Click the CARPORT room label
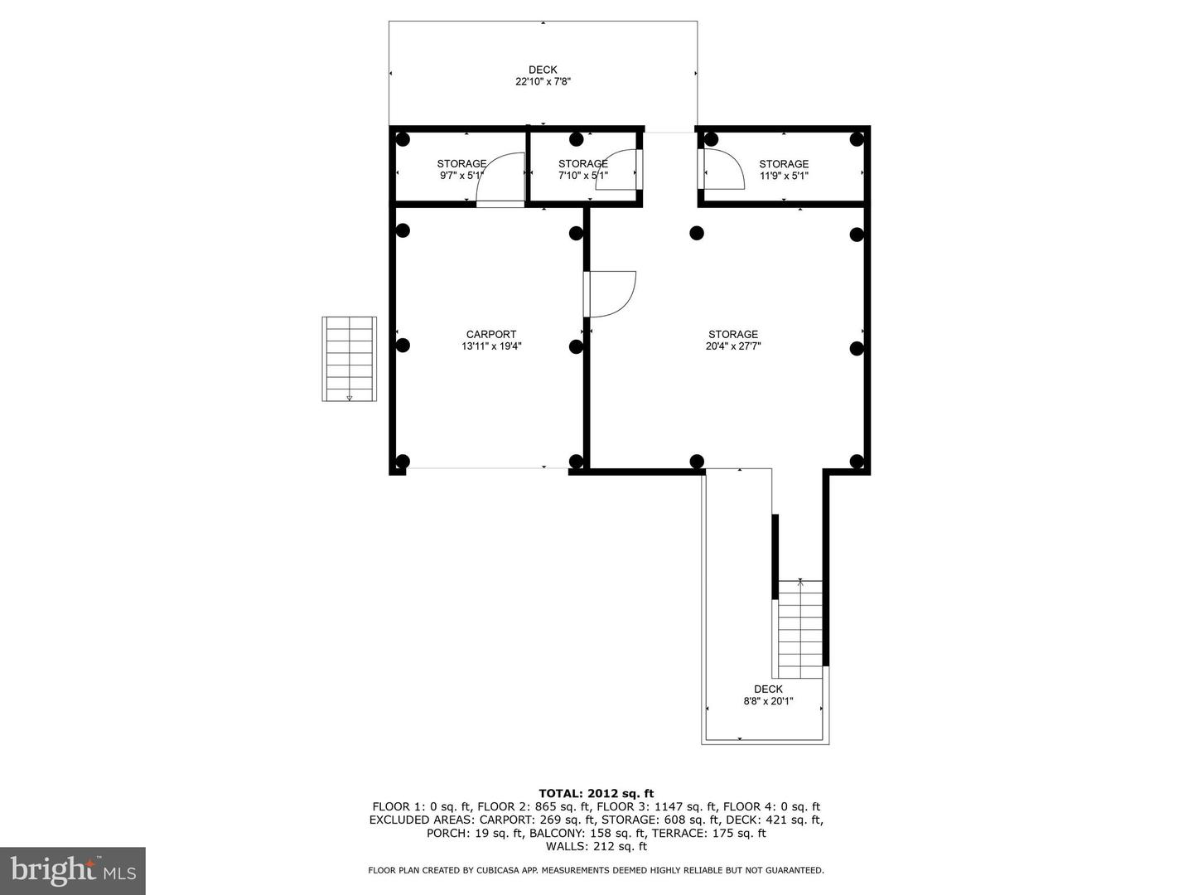pos(490,335)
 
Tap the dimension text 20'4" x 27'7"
pos(732,346)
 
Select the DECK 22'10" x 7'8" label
pos(543,75)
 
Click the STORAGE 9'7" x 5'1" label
pos(461,170)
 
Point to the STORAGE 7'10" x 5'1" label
pos(582,170)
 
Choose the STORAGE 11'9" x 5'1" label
pos(784,170)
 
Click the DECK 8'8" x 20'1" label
pos(768,694)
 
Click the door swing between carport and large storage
pos(611,294)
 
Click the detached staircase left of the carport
pos(349,359)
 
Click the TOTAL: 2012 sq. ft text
pos(596,793)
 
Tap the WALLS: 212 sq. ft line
pos(596,846)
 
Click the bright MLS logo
pos(73,870)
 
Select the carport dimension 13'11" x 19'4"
pos(491,346)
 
